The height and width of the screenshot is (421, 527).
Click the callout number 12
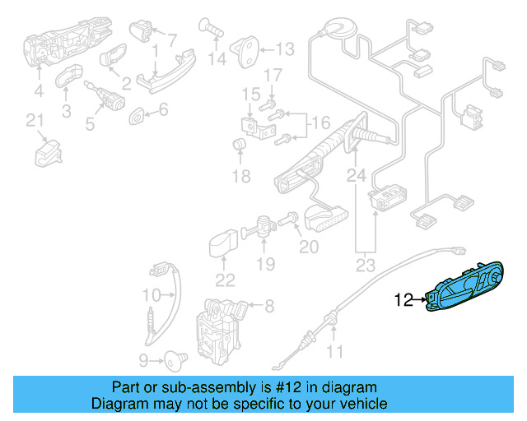[x=404, y=301]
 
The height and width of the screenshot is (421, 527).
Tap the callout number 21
[x=34, y=122]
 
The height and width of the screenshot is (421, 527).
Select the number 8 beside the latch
[x=268, y=307]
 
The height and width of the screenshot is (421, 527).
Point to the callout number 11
[x=333, y=354]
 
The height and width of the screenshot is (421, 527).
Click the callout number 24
[x=355, y=175]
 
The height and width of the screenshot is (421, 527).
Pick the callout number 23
[x=365, y=264]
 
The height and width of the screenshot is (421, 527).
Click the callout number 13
[x=283, y=49]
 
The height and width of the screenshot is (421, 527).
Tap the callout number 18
[x=240, y=177]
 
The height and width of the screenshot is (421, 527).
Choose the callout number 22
[x=225, y=279]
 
